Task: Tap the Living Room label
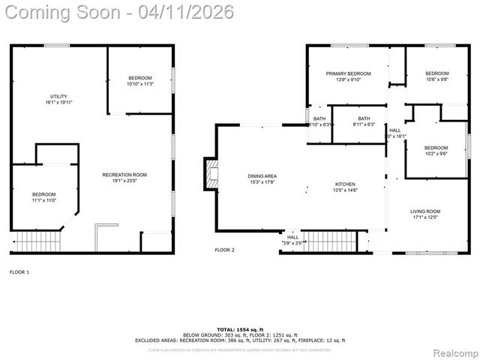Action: click(424, 214)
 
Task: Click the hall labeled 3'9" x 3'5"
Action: click(292, 240)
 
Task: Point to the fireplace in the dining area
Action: click(211, 175)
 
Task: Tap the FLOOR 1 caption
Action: click(19, 271)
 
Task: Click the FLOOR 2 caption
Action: click(224, 250)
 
